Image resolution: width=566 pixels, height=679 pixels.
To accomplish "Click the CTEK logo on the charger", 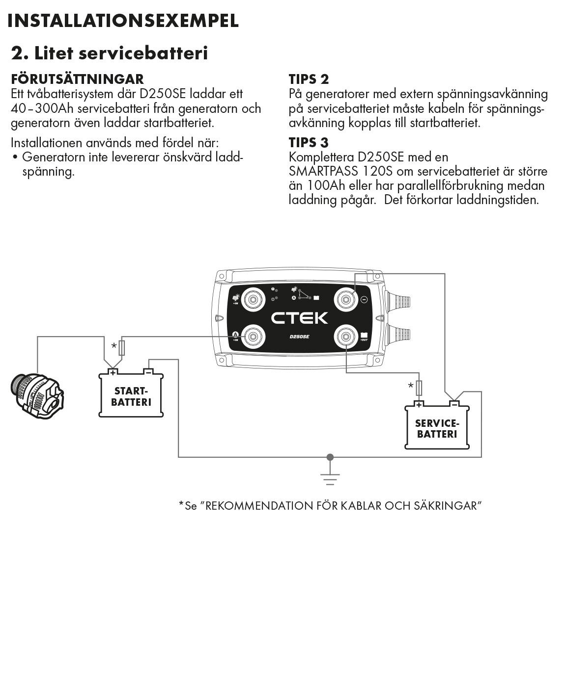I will coord(299,317).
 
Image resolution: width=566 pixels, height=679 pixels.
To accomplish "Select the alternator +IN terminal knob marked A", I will coord(253,337).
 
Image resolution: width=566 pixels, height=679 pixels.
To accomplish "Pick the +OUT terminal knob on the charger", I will coord(346,337).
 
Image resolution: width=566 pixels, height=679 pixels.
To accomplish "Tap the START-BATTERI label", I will coord(131,396).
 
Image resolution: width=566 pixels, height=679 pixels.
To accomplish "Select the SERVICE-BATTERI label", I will coord(437,428).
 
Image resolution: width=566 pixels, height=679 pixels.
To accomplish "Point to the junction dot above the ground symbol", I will coord(330,457).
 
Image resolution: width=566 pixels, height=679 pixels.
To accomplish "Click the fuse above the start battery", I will coord(122,348).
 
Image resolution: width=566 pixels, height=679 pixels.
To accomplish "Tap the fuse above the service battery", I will coord(419,388).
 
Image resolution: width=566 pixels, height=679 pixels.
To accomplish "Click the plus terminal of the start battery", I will coord(113,372).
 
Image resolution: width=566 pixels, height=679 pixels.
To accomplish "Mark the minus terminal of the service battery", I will coord(455,404).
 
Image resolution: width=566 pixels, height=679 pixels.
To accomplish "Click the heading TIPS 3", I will coord(309,143).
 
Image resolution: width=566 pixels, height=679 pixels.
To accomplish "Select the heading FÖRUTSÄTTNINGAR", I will coord(77,79).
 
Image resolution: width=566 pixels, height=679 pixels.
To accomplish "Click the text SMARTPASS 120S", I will coord(339,171).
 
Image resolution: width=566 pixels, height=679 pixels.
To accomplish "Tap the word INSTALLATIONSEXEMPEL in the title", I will coord(123,21).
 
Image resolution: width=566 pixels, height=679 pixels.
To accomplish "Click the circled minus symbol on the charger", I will coord(364,300).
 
